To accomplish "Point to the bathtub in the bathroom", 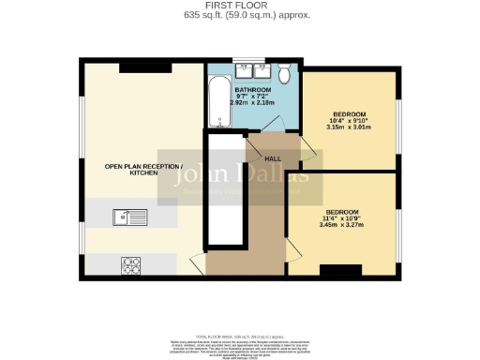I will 217,104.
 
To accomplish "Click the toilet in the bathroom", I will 281,71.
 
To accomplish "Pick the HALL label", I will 274,158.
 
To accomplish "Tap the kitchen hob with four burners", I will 129,265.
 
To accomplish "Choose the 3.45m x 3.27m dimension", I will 342,225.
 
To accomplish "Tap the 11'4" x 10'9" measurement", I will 342,217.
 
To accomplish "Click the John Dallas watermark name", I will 246,174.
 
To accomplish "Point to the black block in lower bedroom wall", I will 335,271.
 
